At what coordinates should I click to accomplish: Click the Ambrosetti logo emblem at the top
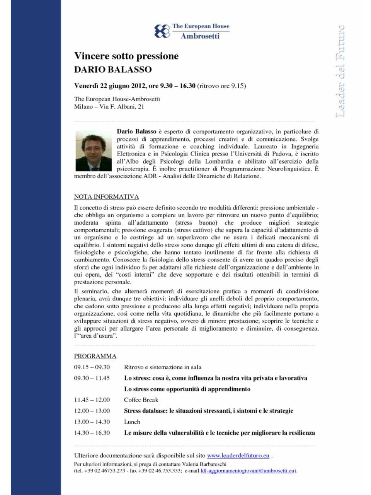click(162, 31)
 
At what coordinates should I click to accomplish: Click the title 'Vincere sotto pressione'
click(126, 56)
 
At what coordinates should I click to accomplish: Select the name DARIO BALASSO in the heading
click(113, 70)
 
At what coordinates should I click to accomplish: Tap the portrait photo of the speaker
click(94, 150)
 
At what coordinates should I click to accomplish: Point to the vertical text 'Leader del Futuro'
click(340, 72)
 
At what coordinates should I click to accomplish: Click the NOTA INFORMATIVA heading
click(106, 196)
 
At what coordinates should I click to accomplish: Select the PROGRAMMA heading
click(95, 356)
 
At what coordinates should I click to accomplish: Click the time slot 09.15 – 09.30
click(92, 367)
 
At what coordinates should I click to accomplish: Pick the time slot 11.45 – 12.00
click(92, 400)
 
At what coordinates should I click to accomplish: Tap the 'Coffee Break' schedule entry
click(141, 400)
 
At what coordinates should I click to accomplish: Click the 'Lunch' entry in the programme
click(132, 422)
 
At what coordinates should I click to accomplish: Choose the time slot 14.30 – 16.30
click(92, 433)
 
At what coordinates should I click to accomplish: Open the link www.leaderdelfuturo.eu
click(238, 456)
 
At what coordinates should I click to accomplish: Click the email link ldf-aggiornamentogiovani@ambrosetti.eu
click(247, 471)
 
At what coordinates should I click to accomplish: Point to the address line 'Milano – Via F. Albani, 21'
click(109, 107)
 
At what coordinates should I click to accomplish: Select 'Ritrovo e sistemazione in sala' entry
click(163, 367)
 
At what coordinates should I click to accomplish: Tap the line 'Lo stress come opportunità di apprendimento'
click(187, 389)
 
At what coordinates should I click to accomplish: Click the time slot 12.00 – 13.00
click(92, 411)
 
